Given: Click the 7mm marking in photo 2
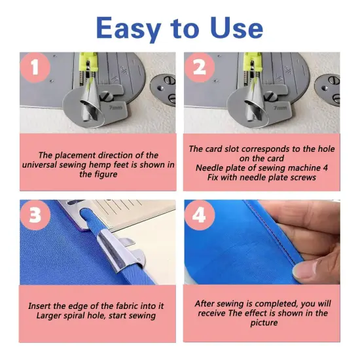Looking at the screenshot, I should click(x=279, y=107).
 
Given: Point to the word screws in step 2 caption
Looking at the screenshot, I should click(x=300, y=177).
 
